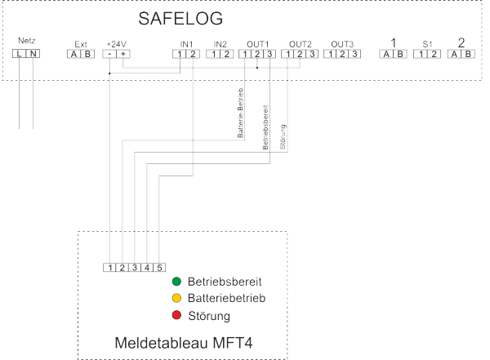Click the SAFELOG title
pyautogui.click(x=180, y=19)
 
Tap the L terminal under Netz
pyautogui.click(x=19, y=54)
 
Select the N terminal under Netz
pyautogui.click(x=33, y=54)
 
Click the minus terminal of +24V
pyautogui.click(x=109, y=54)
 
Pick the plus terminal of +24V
pyautogui.click(x=123, y=54)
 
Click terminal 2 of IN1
pyautogui.click(x=193, y=54)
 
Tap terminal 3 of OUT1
pyautogui.click(x=269, y=54)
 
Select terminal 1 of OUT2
pyautogui.click(x=287, y=54)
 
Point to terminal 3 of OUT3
pyautogui.click(x=354, y=54)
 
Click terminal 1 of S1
pyautogui.click(x=421, y=54)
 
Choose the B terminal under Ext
pyautogui.click(x=88, y=54)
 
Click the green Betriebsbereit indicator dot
pyautogui.click(x=176, y=282)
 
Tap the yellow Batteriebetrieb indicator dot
pyautogui.click(x=176, y=298)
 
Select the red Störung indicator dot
pyautogui.click(x=176, y=315)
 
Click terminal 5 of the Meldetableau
pyautogui.click(x=159, y=268)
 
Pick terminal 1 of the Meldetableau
pyautogui.click(x=109, y=268)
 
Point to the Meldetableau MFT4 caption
pyautogui.click(x=184, y=343)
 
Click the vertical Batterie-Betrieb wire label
pyautogui.click(x=240, y=113)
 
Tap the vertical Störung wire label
pyautogui.click(x=283, y=137)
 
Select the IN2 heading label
pyautogui.click(x=220, y=44)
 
